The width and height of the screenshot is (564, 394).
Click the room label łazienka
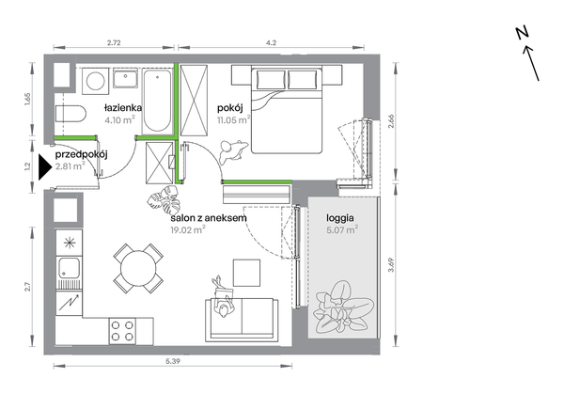tap(123, 107)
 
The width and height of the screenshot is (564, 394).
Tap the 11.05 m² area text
tap(233, 119)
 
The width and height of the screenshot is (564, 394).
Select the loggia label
tap(340, 218)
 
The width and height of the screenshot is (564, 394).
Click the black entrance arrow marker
tap(46, 167)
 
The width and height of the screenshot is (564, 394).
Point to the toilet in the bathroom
tap(70, 114)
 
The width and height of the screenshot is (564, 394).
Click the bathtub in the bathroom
tap(157, 102)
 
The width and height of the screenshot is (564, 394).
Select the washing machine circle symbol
tap(95, 80)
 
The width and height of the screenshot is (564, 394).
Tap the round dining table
tap(138, 268)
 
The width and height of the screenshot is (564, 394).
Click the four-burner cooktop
tap(122, 331)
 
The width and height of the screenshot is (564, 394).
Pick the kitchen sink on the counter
tap(69, 268)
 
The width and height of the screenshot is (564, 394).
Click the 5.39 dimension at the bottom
tap(173, 361)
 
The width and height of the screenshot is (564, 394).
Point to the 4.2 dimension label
tap(272, 42)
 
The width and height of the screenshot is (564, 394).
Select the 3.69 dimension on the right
tap(392, 265)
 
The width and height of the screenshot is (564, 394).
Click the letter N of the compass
tap(523, 33)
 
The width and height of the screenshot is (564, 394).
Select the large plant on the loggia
tap(343, 308)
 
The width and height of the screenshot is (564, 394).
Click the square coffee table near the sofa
tap(246, 273)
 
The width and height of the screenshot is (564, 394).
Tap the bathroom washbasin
tap(125, 79)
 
